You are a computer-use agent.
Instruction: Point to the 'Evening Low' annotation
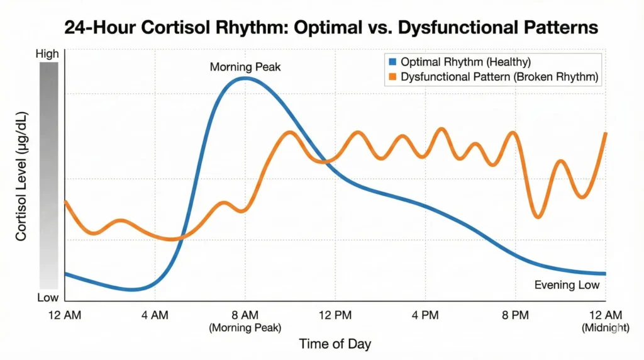pyautogui.click(x=567, y=285)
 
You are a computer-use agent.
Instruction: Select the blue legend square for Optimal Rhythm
pyautogui.click(x=394, y=63)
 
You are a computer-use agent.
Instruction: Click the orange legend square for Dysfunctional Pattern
pyautogui.click(x=394, y=77)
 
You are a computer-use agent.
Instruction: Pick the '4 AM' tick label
pyautogui.click(x=155, y=315)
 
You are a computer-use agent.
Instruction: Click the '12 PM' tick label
pyautogui.click(x=335, y=315)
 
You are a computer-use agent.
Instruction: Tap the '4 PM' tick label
pyautogui.click(x=425, y=315)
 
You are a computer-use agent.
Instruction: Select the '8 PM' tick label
pyautogui.click(x=515, y=315)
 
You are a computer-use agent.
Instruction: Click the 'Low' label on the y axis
pyautogui.click(x=48, y=297)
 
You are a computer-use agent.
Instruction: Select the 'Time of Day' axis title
pyautogui.click(x=335, y=344)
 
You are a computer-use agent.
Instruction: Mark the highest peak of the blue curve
pyautogui.click(x=244, y=79)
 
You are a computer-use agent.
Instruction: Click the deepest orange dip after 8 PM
pyautogui.click(x=538, y=217)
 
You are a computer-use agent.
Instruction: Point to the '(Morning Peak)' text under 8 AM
pyautogui.click(x=245, y=327)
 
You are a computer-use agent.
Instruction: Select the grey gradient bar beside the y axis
pyautogui.click(x=48, y=176)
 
